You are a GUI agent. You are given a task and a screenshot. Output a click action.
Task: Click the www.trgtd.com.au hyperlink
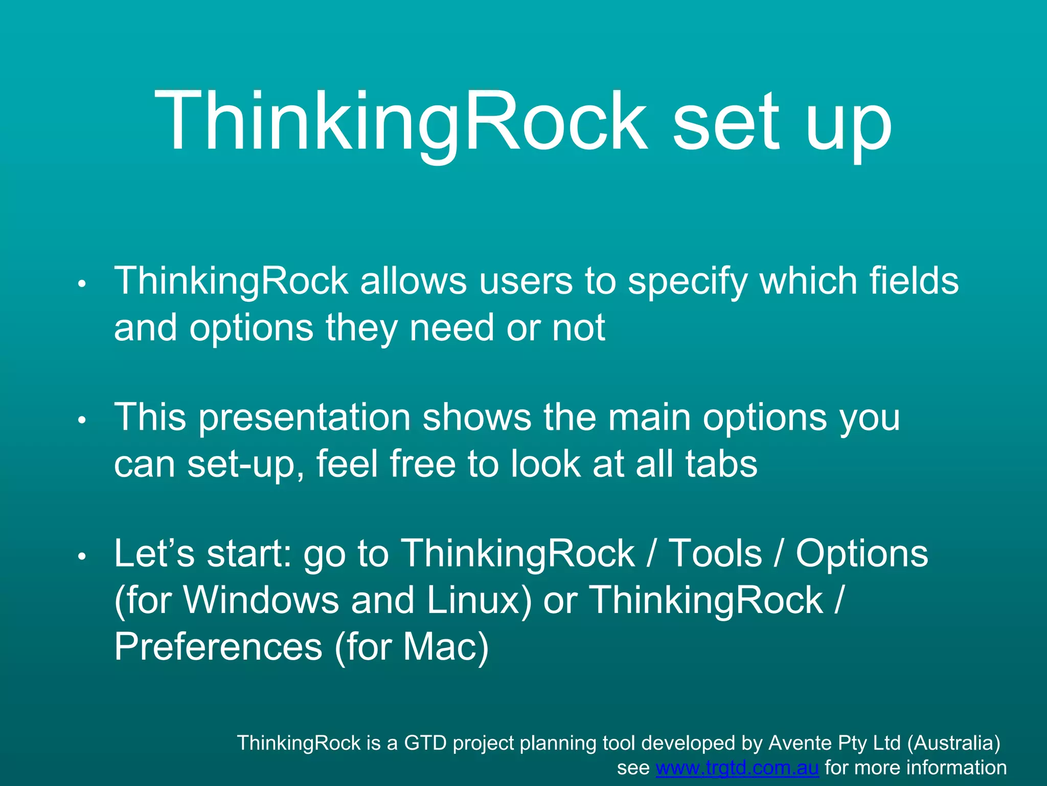737,768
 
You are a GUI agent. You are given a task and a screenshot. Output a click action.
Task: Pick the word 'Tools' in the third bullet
715,554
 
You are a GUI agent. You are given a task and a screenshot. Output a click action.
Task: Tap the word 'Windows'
261,600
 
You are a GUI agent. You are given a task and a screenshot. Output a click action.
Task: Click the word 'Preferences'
218,646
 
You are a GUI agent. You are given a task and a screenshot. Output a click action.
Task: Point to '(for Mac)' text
412,647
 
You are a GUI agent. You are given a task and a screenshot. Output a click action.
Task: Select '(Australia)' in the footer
953,743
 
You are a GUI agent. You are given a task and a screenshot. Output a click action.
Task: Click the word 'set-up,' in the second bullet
245,465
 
